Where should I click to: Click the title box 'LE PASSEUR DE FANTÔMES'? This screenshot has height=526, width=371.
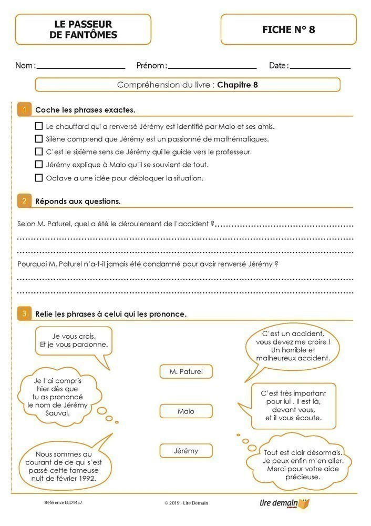click(x=83, y=29)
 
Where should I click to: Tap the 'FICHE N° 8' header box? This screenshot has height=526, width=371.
click(x=288, y=29)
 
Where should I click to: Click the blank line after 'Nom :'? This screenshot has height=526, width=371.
click(x=81, y=67)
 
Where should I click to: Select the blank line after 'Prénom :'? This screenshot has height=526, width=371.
click(x=212, y=67)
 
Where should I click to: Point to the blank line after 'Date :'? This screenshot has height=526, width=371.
click(x=320, y=67)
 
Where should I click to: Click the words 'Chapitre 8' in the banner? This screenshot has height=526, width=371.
click(x=238, y=85)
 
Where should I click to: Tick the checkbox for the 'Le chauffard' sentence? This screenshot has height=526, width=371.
click(x=38, y=126)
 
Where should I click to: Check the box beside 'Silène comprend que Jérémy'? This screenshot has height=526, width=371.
click(x=38, y=139)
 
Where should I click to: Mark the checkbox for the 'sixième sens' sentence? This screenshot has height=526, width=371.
click(x=38, y=151)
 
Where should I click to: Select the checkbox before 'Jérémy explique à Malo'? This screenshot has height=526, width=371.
click(x=38, y=165)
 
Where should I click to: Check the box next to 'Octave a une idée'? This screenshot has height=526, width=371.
click(x=38, y=178)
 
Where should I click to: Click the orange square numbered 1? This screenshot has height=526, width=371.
click(x=24, y=110)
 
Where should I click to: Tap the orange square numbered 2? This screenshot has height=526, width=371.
click(x=24, y=201)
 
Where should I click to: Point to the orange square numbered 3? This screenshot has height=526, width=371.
click(x=24, y=314)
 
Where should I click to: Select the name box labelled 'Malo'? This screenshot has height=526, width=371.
click(x=186, y=411)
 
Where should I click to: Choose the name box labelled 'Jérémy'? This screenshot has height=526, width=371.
click(x=186, y=451)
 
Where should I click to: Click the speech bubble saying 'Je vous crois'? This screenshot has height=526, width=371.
click(x=74, y=341)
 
